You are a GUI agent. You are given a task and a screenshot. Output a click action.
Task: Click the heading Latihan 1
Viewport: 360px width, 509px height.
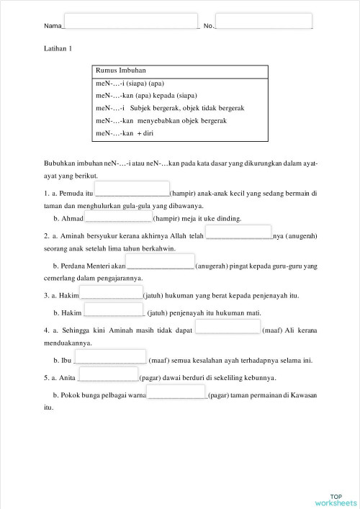point(58,49)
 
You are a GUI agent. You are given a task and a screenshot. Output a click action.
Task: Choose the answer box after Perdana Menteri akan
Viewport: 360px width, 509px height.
point(160,262)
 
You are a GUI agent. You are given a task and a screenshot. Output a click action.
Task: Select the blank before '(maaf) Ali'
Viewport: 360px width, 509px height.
point(228,327)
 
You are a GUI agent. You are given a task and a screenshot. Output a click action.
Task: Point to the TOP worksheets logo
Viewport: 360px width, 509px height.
point(336,499)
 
